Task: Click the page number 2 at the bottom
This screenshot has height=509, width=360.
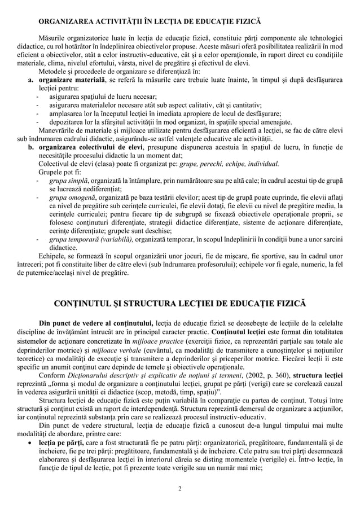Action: click(x=179, y=488)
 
